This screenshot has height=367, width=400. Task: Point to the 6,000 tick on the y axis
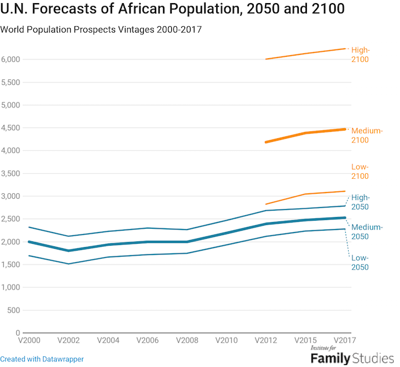[11, 59]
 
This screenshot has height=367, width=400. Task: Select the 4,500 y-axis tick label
[11, 128]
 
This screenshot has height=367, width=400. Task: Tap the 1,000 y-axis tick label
[11, 287]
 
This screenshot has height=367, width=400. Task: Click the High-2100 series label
[361, 54]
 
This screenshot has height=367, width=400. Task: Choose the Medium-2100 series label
[367, 135]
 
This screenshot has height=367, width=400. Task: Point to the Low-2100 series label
[361, 171]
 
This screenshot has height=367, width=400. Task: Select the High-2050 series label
[361, 202]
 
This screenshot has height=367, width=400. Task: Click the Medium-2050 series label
[367, 231]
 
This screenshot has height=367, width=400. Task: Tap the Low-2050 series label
[361, 263]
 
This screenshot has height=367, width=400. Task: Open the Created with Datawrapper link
[42, 359]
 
